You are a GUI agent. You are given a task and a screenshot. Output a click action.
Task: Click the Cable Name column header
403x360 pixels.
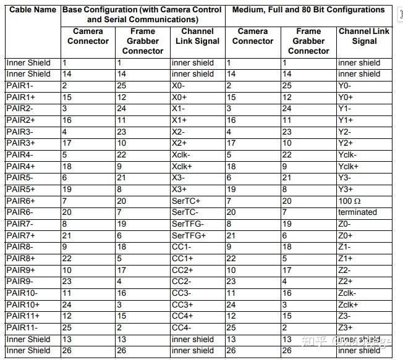32,10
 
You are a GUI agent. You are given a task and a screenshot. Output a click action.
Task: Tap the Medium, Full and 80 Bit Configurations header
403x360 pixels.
308,10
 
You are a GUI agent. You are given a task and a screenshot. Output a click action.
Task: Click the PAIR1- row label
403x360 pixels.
20,85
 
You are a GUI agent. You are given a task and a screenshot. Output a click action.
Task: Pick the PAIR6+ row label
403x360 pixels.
20,201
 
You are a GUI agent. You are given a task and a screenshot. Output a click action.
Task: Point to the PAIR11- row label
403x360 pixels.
22,327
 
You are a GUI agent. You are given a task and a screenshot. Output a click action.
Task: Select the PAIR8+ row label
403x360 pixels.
20,258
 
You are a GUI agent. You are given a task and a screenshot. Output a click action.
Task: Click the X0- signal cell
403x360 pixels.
179,85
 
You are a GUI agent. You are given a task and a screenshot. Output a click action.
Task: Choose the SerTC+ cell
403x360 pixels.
186,201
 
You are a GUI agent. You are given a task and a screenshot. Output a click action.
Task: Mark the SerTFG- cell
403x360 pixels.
187,224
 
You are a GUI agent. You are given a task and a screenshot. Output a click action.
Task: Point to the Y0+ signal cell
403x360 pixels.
346,97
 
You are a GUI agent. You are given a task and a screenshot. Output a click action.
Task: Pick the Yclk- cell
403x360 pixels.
349,154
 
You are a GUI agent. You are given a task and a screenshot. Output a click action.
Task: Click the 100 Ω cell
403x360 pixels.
350,201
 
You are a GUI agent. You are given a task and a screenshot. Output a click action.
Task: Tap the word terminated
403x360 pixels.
357,212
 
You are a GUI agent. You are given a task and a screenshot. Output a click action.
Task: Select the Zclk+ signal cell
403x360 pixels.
349,304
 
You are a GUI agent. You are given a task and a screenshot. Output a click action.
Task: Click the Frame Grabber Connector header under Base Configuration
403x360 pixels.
142,41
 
